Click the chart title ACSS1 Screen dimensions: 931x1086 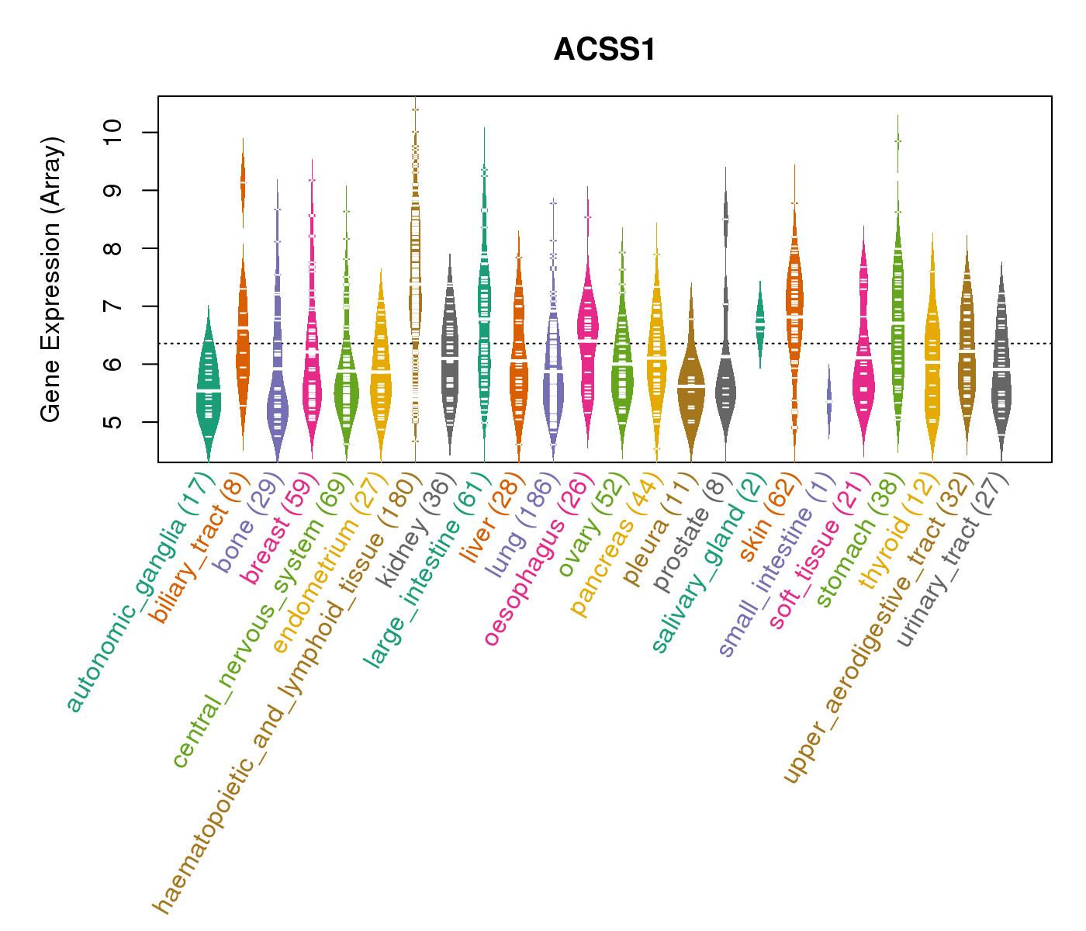tap(604, 50)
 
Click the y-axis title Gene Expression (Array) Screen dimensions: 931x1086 tap(51, 279)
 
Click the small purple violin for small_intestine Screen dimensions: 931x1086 tap(828, 402)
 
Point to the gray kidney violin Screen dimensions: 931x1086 tap(449, 357)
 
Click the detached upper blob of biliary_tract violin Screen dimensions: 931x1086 tap(243, 182)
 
